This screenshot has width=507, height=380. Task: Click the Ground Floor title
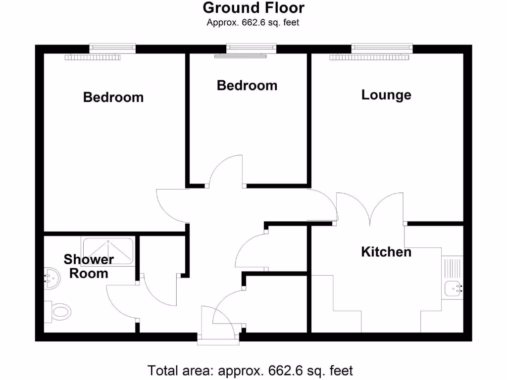pyautogui.click(x=253, y=8)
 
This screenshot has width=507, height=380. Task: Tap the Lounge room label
pyautogui.click(x=386, y=95)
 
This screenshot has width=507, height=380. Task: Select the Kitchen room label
pyautogui.click(x=386, y=252)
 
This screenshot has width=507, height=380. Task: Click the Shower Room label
pyautogui.click(x=89, y=266)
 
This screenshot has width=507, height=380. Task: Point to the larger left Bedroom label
pyautogui.click(x=113, y=97)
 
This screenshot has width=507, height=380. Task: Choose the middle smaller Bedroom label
pyautogui.click(x=247, y=85)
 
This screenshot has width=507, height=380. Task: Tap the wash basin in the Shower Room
pyautogui.click(x=51, y=278)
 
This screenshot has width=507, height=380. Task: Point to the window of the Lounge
pyautogui.click(x=382, y=48)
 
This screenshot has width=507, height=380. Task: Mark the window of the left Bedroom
pyautogui.click(x=112, y=48)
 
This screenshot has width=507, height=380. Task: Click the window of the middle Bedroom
pyautogui.click(x=251, y=48)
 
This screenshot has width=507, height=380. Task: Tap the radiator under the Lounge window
pyautogui.click(x=370, y=57)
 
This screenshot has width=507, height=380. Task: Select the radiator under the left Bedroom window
pyautogui.click(x=93, y=57)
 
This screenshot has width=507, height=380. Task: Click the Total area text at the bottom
pyautogui.click(x=250, y=370)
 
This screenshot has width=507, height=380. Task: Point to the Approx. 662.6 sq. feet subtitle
pyautogui.click(x=253, y=22)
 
